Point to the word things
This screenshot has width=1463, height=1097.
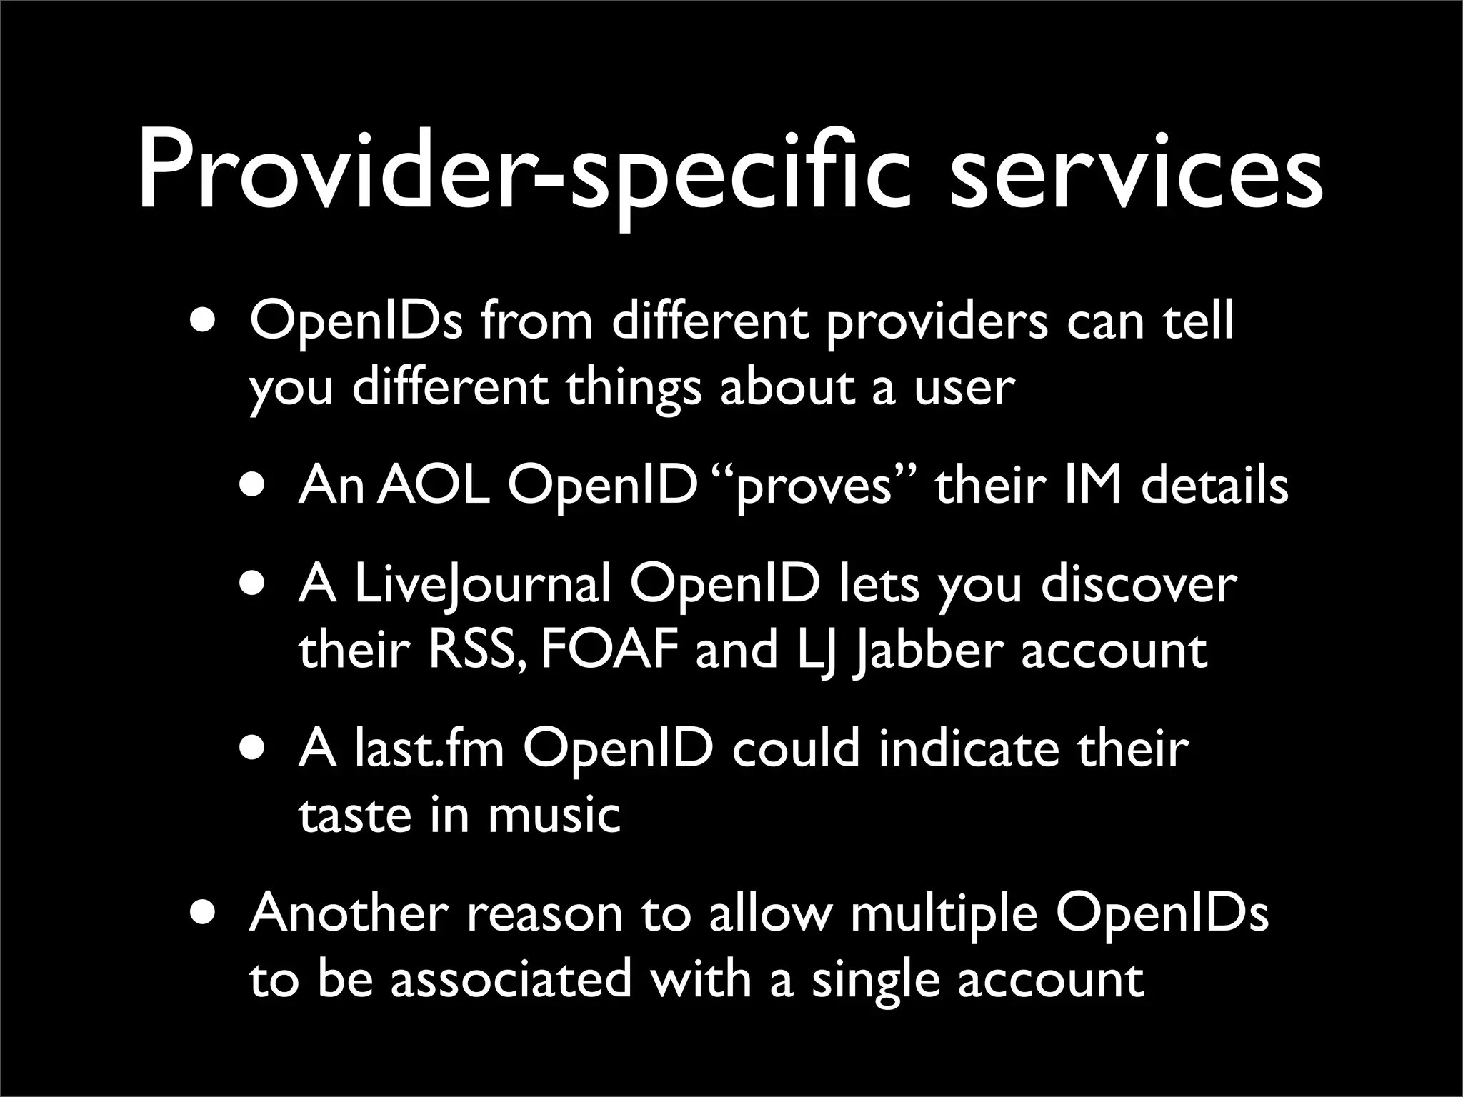pos(634,389)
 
